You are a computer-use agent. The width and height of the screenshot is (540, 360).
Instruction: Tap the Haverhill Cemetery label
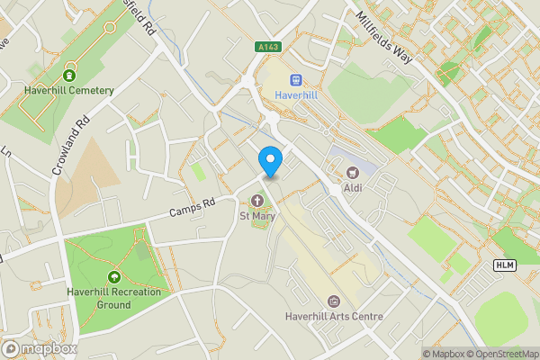click(x=71, y=90)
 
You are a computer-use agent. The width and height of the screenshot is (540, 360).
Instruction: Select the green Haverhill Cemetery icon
click(x=70, y=72)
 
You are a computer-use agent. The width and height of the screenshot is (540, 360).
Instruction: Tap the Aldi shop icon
click(x=352, y=171)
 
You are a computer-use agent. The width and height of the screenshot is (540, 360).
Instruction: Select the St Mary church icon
click(x=256, y=200)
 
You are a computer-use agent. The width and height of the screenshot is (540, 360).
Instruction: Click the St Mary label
click(x=256, y=216)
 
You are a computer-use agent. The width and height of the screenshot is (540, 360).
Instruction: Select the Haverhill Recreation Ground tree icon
click(x=114, y=276)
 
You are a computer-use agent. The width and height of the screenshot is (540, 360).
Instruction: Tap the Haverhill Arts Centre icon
click(x=334, y=301)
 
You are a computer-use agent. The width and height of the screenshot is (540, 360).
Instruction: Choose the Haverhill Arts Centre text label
click(x=334, y=317)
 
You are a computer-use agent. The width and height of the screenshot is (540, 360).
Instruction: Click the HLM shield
click(x=504, y=265)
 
